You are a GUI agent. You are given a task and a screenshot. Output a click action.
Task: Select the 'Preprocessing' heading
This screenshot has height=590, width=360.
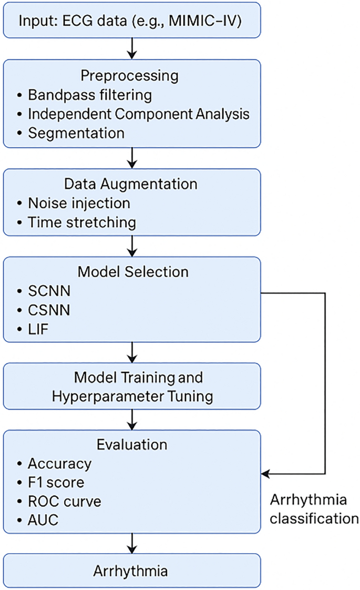coord(129,76)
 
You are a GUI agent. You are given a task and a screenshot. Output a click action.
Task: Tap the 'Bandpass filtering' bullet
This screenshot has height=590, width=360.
coord(89,95)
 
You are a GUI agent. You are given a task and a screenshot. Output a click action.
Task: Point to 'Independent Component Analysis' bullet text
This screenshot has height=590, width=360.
coord(138,114)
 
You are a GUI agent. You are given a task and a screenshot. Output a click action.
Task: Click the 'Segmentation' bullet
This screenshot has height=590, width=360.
coord(76,133)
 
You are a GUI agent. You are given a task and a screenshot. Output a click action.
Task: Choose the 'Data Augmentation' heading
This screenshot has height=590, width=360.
coord(130,184)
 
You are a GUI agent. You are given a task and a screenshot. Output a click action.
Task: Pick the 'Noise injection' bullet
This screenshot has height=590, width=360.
coord(79,202)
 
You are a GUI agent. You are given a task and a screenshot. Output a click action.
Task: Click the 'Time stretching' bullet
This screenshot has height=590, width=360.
coord(82,222)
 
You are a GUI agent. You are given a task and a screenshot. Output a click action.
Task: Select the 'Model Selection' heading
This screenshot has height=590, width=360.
coord(132,272)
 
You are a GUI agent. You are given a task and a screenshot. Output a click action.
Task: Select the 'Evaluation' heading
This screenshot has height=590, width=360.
coord(132,444)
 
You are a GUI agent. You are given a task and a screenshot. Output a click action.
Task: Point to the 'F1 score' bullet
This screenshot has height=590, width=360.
coord(56,482)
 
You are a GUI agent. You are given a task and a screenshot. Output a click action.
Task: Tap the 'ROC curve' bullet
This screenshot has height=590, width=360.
coord(64,501)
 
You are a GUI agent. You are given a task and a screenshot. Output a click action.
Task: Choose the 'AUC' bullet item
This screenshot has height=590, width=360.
coord(43,520)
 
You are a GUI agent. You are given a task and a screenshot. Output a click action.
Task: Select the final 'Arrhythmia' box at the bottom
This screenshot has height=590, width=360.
coord(131,570)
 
